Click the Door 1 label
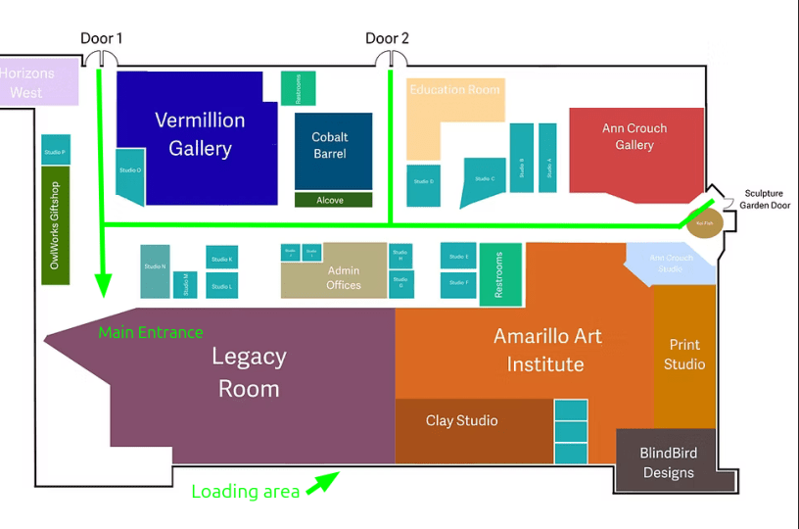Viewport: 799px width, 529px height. click(x=102, y=39)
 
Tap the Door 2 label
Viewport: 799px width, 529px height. click(x=387, y=39)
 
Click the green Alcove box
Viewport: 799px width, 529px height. click(x=333, y=200)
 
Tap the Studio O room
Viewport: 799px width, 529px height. click(x=130, y=175)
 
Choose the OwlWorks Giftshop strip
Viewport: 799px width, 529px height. click(x=56, y=225)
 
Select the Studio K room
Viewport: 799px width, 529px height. click(x=222, y=257)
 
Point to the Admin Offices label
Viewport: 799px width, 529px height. click(x=343, y=278)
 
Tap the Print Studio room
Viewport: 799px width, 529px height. click(x=684, y=355)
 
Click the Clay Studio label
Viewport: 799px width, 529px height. click(x=461, y=421)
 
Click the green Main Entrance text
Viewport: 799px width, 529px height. click(x=151, y=333)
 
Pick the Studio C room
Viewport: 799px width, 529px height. click(x=483, y=180)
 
